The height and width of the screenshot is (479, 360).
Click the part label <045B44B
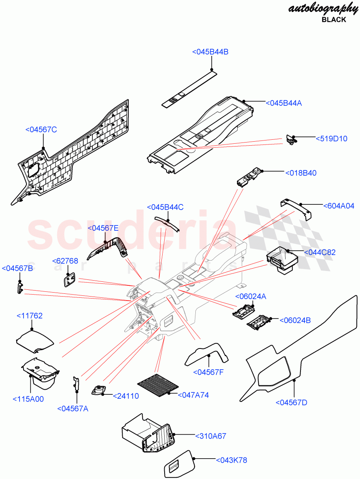210,52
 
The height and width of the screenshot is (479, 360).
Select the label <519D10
332,139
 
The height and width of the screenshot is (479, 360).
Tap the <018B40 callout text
300,173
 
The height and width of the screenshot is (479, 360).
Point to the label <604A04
339,206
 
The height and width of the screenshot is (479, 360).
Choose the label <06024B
295,320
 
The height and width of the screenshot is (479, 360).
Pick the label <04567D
292,402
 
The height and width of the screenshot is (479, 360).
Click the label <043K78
232,460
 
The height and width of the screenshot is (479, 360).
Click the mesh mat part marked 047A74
158,386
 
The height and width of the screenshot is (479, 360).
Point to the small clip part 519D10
292,140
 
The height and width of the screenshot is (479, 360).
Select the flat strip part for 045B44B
189,90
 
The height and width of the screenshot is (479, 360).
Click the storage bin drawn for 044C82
282,261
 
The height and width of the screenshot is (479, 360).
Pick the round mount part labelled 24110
97,390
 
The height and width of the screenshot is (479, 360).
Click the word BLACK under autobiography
334,20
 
